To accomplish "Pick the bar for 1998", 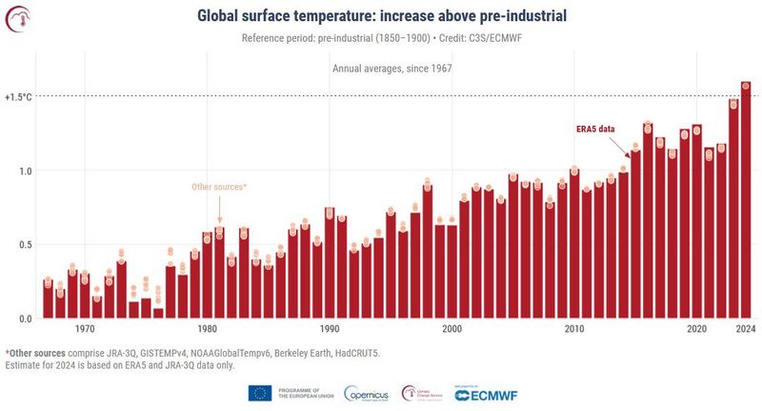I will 427,253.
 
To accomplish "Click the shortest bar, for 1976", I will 158,314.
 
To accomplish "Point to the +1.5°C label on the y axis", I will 18,97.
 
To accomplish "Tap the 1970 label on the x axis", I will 85,329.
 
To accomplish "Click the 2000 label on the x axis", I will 451,329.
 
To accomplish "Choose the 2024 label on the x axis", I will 745,329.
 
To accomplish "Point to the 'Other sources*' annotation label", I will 219,187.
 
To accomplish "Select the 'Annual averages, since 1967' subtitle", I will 391,69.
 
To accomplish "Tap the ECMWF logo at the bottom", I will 483,393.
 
